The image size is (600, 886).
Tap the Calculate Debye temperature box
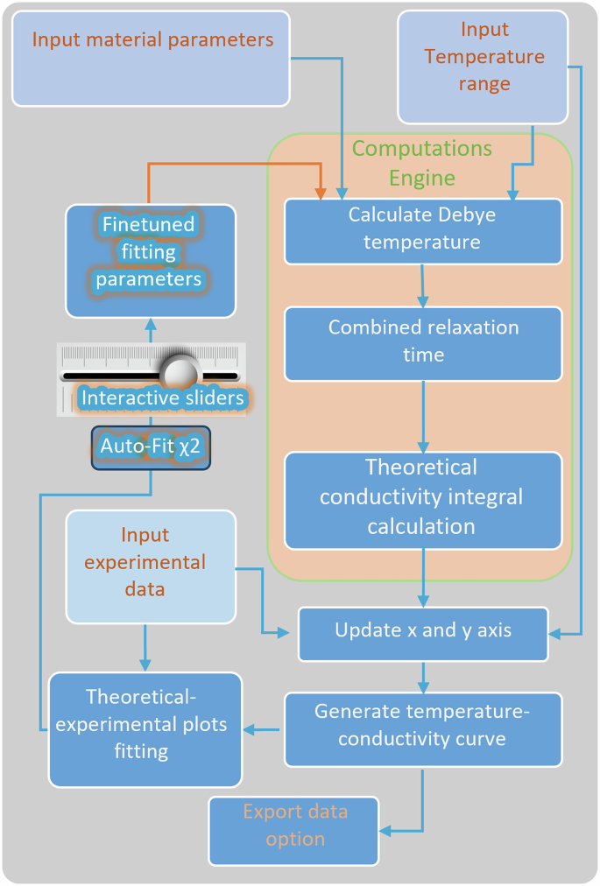[x=422, y=230]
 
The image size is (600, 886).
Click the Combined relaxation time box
[x=422, y=342]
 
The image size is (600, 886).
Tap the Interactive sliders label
[x=162, y=398]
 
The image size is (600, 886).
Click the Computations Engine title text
[x=422, y=163]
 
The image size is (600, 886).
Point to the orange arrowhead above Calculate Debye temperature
[x=321, y=193]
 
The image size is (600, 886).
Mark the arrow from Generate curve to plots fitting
[x=263, y=728]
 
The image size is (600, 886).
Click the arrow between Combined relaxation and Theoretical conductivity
[x=423, y=416]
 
